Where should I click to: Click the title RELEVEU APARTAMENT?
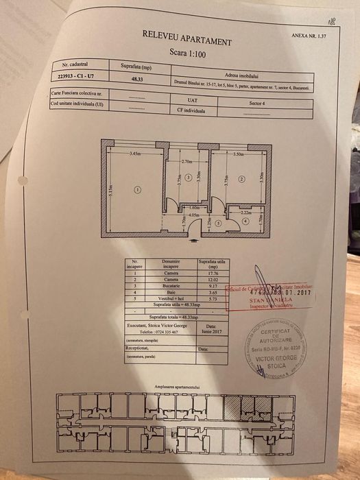click(x=186, y=37)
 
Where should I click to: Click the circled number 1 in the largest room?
click(x=136, y=189)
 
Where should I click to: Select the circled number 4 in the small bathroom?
click(x=245, y=221)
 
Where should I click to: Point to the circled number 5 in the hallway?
click(x=217, y=223)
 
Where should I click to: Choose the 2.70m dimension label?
click(x=187, y=161)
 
